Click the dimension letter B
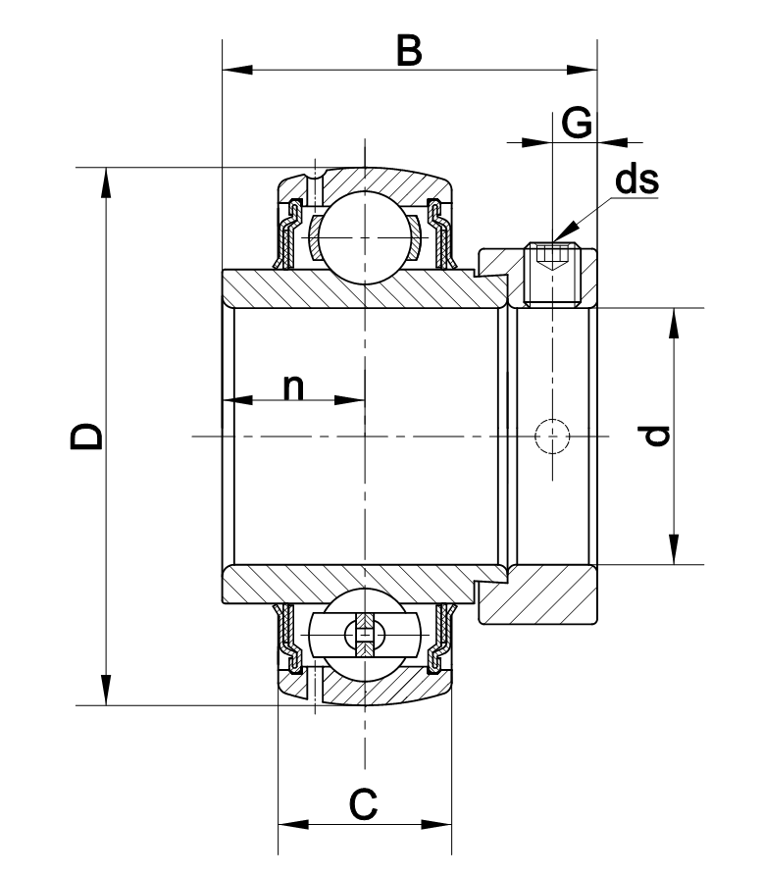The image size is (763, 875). coord(409,49)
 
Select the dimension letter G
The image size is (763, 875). coord(578,124)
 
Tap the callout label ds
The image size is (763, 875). coord(636,180)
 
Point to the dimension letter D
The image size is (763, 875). coord(86,437)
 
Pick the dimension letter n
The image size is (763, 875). coord(293,386)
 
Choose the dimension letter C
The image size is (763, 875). coord(363,805)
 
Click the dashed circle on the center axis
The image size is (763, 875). coord(551,436)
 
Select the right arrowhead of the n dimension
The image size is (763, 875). coord(352,400)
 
